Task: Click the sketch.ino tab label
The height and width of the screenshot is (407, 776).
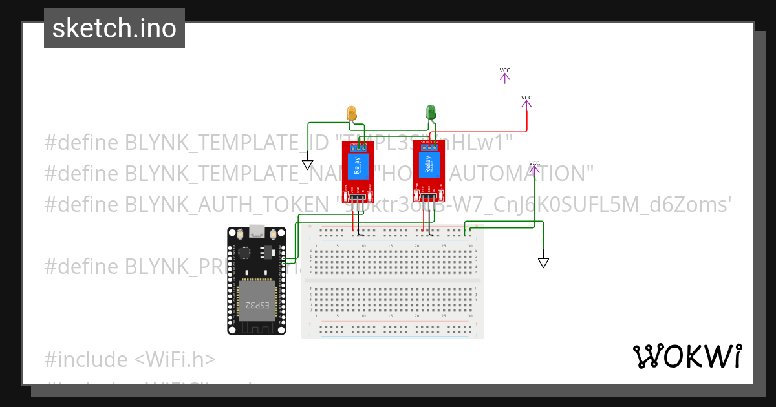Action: (114, 28)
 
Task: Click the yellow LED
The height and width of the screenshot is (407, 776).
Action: (352, 112)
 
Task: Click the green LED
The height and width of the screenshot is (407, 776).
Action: (431, 112)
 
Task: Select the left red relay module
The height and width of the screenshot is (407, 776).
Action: (358, 171)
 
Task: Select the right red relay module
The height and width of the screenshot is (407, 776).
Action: (429, 171)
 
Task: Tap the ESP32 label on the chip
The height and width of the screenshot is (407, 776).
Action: (254, 304)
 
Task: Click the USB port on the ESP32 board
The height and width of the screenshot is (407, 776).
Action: (257, 231)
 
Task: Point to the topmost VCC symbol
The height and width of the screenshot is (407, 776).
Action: (504, 76)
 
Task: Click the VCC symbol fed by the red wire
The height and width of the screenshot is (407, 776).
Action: (526, 102)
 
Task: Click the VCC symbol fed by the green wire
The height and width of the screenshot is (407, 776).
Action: (534, 168)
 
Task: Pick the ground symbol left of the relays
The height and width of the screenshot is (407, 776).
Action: (307, 165)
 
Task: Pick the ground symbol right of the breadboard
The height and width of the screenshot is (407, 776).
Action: (543, 262)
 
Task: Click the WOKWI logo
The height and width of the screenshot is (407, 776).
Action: (687, 357)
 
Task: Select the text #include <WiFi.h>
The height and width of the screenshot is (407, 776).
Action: (130, 359)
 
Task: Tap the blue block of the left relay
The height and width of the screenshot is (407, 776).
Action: (358, 166)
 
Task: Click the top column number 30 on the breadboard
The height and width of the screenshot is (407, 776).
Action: (469, 246)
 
